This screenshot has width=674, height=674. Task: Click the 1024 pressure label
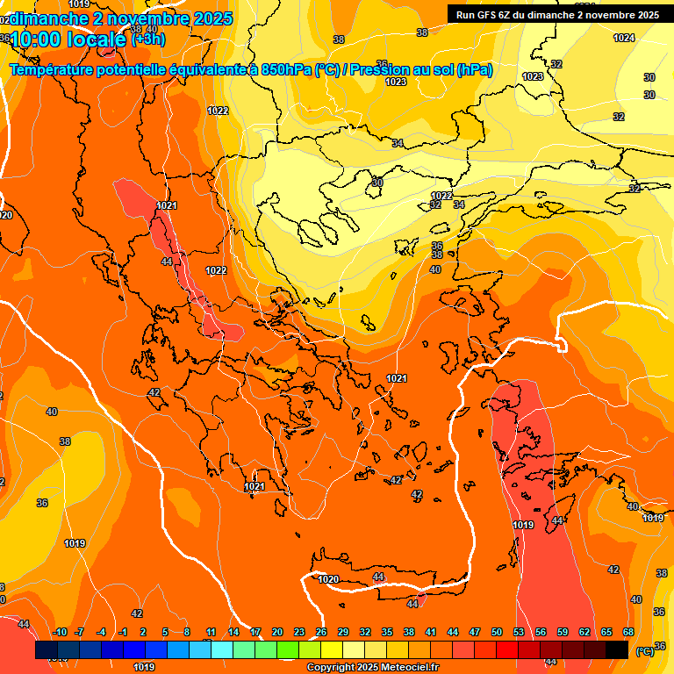[624, 38]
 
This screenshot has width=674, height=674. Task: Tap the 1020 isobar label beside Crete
[328, 579]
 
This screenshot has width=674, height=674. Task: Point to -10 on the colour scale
[60, 633]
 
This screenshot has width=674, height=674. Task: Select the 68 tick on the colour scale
[628, 633]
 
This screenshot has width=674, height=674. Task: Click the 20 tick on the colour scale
[277, 633]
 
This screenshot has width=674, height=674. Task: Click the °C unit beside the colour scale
[644, 651]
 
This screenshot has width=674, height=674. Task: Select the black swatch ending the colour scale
[617, 649]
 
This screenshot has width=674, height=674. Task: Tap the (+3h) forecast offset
[148, 39]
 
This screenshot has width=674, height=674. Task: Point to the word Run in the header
[466, 15]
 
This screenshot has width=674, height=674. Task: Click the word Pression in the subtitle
[378, 70]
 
